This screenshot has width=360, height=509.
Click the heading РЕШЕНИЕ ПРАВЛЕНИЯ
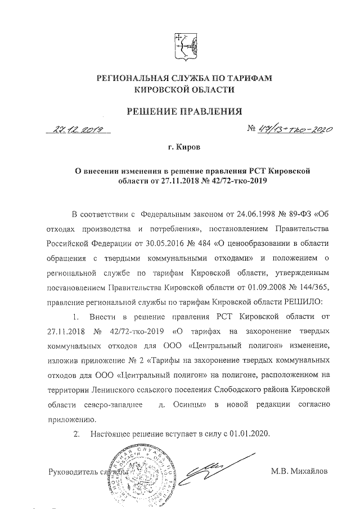point(179,110)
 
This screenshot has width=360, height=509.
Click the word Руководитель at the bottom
point(71,471)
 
